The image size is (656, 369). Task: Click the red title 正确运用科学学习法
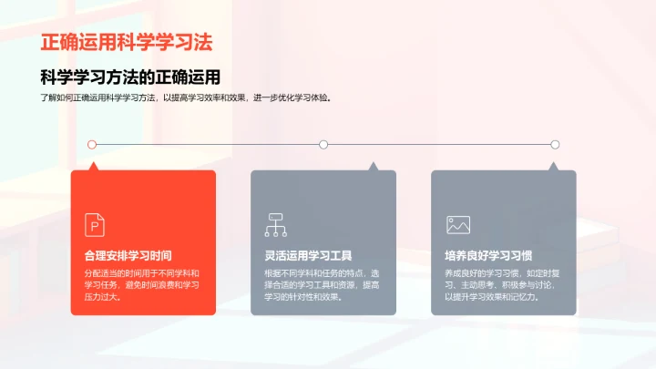133,43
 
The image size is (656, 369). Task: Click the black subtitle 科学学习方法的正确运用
131,77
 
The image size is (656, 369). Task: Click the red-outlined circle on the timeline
92,144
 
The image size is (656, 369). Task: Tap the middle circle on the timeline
323,144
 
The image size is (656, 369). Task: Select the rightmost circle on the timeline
555,144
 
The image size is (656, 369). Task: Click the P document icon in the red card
95,224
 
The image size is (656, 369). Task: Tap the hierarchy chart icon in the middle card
275,224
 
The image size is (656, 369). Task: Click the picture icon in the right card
456,224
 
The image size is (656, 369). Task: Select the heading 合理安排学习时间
128,255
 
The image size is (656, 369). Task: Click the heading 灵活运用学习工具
308,255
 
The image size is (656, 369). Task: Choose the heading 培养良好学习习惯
488,255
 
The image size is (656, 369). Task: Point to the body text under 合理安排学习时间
141,284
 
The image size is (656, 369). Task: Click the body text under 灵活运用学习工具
322,284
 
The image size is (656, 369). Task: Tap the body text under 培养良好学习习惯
502,284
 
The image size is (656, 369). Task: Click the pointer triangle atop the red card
191,167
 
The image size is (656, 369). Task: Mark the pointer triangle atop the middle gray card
372,167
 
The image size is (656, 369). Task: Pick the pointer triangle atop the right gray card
551,167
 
